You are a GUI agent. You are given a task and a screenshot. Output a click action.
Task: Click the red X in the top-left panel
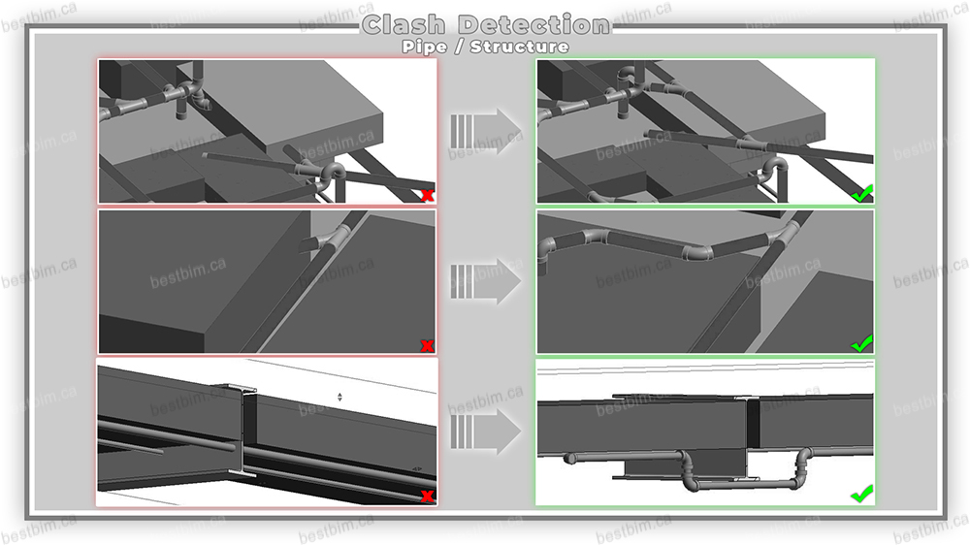tap(426, 195)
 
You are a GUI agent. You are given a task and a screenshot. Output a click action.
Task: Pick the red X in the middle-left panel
tap(426, 345)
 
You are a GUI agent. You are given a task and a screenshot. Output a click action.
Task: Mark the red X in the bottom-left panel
tap(426, 497)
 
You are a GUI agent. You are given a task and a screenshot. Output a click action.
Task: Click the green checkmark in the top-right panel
tap(861, 194)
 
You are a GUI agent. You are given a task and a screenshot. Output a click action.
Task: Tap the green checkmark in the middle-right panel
tap(861, 343)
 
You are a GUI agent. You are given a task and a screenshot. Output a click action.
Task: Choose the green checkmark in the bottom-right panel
tap(861, 494)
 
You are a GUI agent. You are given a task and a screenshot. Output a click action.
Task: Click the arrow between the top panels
tap(486, 130)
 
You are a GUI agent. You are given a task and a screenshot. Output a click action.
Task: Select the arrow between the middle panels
tap(486, 280)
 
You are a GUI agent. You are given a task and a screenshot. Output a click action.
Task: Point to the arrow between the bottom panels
tap(486, 431)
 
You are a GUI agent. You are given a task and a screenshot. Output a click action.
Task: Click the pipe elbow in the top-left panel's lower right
tap(330, 176)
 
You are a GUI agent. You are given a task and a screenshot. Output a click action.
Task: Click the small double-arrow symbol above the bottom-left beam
tap(339, 397)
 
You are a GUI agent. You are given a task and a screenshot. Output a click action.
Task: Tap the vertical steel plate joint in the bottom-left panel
tap(246, 427)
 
